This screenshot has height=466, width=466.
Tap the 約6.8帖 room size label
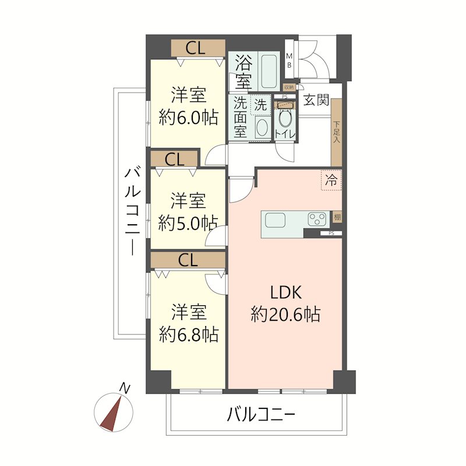[189, 334]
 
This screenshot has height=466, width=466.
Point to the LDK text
[285, 293]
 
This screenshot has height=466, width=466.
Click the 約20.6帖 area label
[285, 315]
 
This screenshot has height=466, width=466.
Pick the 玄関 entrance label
[316, 100]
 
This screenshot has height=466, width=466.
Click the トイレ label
[285, 135]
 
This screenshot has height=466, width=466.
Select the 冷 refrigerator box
[331, 180]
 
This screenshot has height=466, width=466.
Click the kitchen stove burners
[317, 220]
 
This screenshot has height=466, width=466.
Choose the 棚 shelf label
[337, 217]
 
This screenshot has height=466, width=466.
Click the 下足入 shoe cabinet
[337, 132]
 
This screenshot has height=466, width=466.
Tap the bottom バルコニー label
[261, 415]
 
